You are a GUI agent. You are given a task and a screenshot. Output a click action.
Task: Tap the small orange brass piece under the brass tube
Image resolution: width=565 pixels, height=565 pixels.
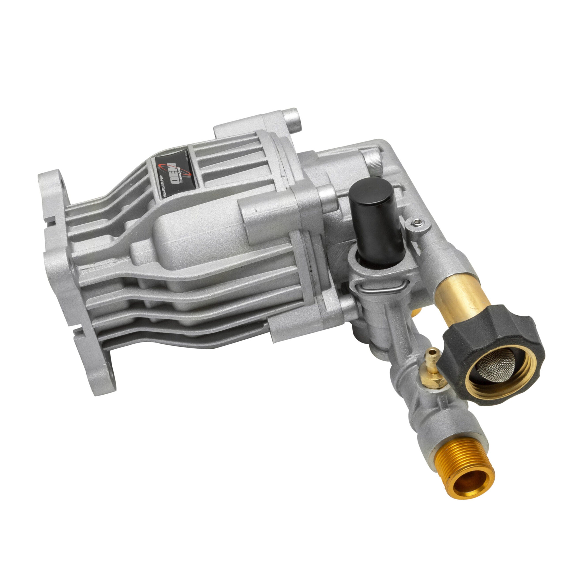[x=416, y=313]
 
